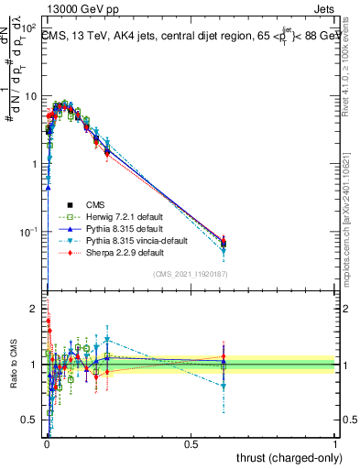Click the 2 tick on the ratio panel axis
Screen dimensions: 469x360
tap(34, 309)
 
